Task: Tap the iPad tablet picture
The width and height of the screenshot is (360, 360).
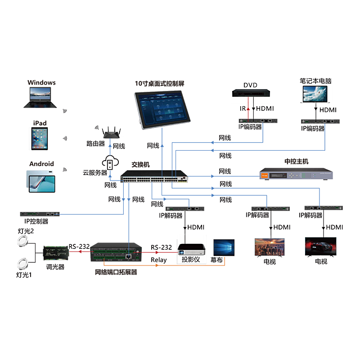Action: pos(39,138)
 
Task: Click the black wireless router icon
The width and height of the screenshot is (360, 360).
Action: pos(110,132)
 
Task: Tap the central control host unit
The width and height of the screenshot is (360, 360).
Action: pos(296,174)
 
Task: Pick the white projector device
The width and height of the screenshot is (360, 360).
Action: pos(191,249)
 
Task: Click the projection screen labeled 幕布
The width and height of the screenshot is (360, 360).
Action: pos(224,247)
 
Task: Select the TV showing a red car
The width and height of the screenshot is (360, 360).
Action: pos(320,247)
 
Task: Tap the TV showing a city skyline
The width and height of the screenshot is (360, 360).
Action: pos(269,247)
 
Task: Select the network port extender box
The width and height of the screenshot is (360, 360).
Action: pos(116,255)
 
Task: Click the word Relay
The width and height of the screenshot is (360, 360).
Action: pos(159,260)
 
